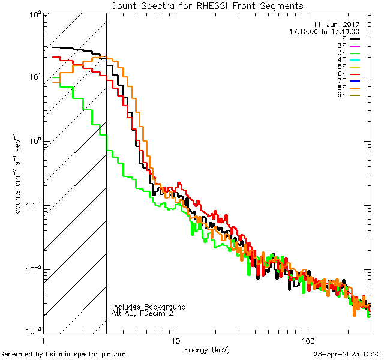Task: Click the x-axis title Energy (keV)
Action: click(206, 349)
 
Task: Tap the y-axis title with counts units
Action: click(20, 173)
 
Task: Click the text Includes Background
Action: click(149, 307)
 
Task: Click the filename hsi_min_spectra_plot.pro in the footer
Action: click(86, 354)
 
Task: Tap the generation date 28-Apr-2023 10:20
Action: click(347, 354)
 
